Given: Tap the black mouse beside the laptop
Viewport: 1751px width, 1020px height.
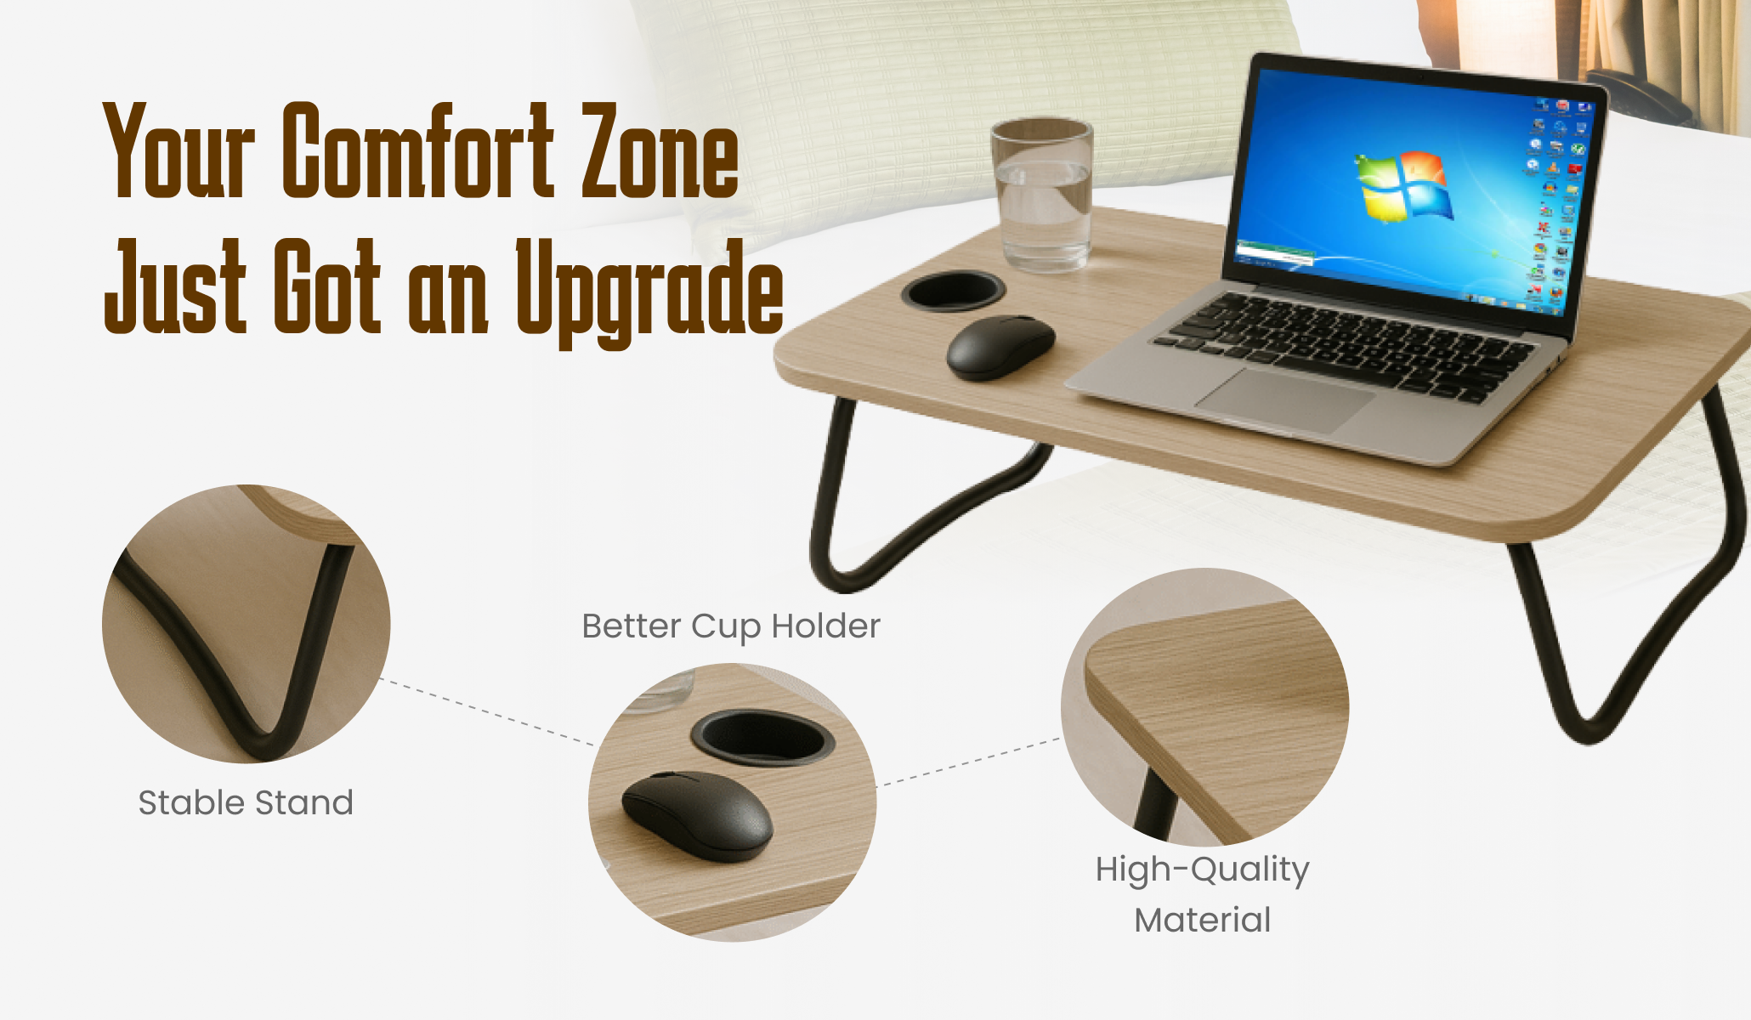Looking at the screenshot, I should pos(1000,347).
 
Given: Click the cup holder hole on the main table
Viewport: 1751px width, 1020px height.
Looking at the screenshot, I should pos(953,291).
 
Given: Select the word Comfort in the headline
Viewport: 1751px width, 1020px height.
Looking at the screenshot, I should pos(418,151).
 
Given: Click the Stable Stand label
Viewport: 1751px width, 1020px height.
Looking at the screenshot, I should pos(246,803).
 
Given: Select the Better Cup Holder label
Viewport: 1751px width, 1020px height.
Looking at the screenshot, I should pos(731,626).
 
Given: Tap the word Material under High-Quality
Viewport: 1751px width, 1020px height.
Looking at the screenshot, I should pos(1202,921).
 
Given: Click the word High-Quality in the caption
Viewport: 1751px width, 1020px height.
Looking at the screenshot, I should pos(1202,870).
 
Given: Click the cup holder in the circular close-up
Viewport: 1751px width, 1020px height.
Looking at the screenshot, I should pos(762,736).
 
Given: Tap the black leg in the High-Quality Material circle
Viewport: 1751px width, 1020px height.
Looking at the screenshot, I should pos(1156,803).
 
